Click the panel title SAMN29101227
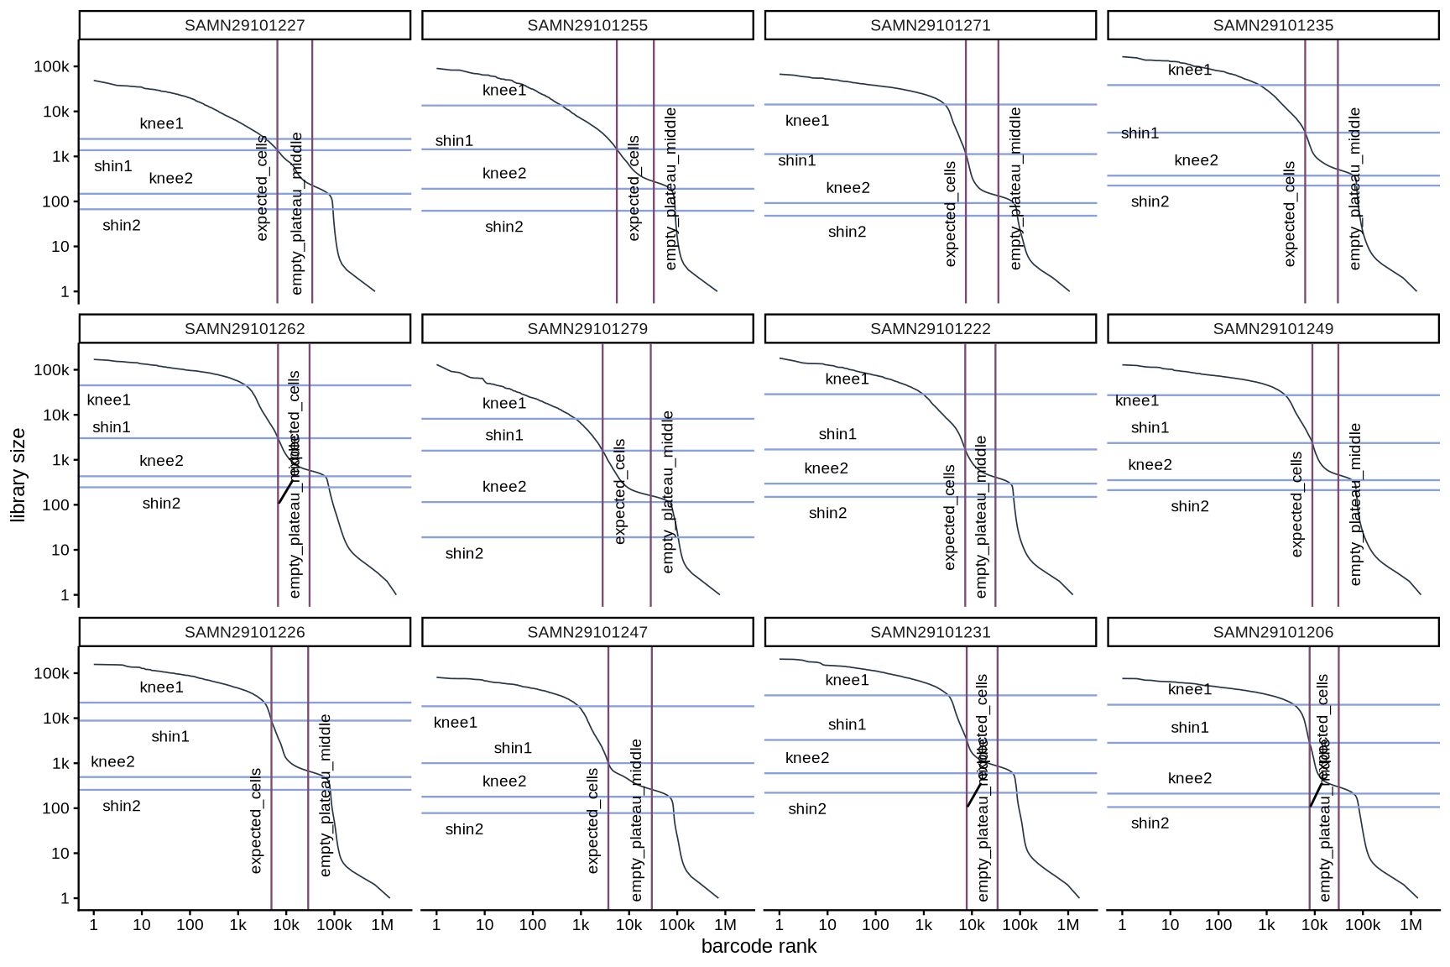[x=244, y=25]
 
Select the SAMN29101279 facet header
[x=587, y=328]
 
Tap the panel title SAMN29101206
[x=1273, y=632]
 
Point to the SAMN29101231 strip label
[x=930, y=632]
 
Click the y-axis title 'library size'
[x=18, y=475]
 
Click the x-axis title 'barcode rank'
[x=759, y=946]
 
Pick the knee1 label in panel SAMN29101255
[x=504, y=91]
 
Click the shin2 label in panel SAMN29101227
[x=121, y=225]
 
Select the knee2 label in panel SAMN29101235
[x=1196, y=160]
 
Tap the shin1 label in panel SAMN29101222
[x=837, y=434]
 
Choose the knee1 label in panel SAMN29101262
[x=108, y=400]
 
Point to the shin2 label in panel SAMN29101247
[x=464, y=829]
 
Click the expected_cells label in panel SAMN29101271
[x=950, y=214]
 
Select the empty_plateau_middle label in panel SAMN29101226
[x=326, y=795]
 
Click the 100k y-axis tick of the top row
[x=51, y=67]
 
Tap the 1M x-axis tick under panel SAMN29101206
[x=1411, y=925]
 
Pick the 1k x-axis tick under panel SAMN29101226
[x=237, y=925]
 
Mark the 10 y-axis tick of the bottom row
[x=60, y=854]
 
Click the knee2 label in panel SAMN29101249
[x=1150, y=465]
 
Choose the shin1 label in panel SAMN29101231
[x=847, y=724]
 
